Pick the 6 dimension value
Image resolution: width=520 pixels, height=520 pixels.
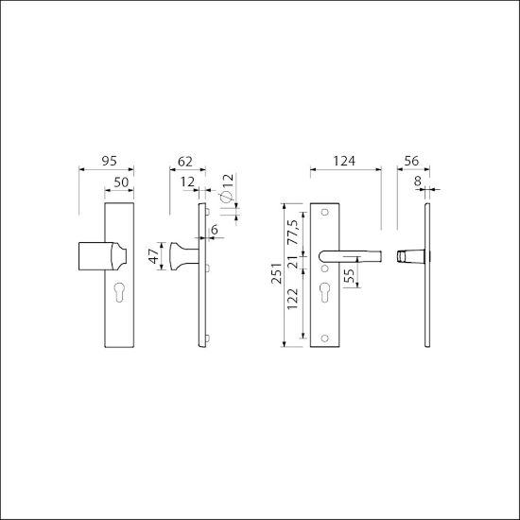click(216, 229)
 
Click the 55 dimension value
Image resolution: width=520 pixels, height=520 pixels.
click(349, 277)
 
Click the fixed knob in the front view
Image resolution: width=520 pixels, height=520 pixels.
click(99, 257)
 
